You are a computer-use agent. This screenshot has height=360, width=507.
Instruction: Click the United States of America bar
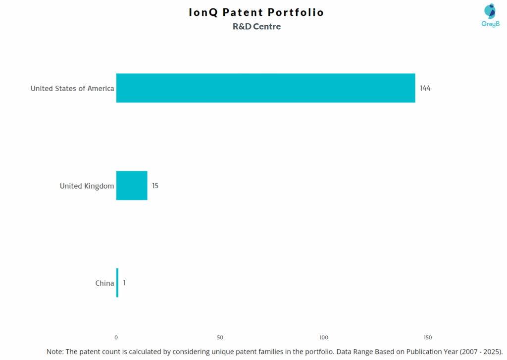point(265,88)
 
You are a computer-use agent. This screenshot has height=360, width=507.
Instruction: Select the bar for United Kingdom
point(132,186)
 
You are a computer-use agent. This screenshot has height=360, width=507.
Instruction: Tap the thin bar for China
point(117,283)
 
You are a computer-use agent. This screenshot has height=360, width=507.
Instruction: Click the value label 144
point(425,88)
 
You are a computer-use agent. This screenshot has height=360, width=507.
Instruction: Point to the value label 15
point(155,186)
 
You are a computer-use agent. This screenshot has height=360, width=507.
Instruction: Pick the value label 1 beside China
point(124,283)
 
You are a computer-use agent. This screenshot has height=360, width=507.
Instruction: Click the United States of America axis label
point(72,89)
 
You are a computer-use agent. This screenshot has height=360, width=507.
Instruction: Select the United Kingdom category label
point(87,186)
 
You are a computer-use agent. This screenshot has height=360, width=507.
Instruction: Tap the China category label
point(104,283)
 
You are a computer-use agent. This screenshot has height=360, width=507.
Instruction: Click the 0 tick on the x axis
point(116,337)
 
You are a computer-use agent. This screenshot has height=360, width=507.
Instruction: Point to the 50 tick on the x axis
point(220,337)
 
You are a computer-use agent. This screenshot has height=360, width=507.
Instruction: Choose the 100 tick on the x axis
point(324,337)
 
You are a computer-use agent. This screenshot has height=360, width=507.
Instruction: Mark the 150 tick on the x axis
point(428,337)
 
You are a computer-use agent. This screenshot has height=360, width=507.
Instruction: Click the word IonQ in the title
point(203,12)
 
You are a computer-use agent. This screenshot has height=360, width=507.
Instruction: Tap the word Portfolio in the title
point(297,12)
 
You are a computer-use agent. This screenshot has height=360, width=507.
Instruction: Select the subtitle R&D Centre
point(256,27)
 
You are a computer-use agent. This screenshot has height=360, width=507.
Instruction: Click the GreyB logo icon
point(490,11)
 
